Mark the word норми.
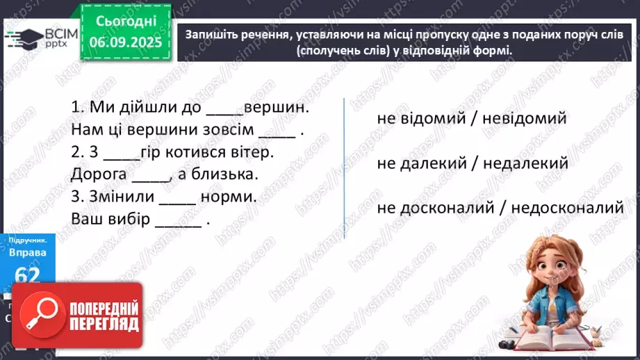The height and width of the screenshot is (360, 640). [229, 196]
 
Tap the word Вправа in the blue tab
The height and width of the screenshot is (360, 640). [28, 252]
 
